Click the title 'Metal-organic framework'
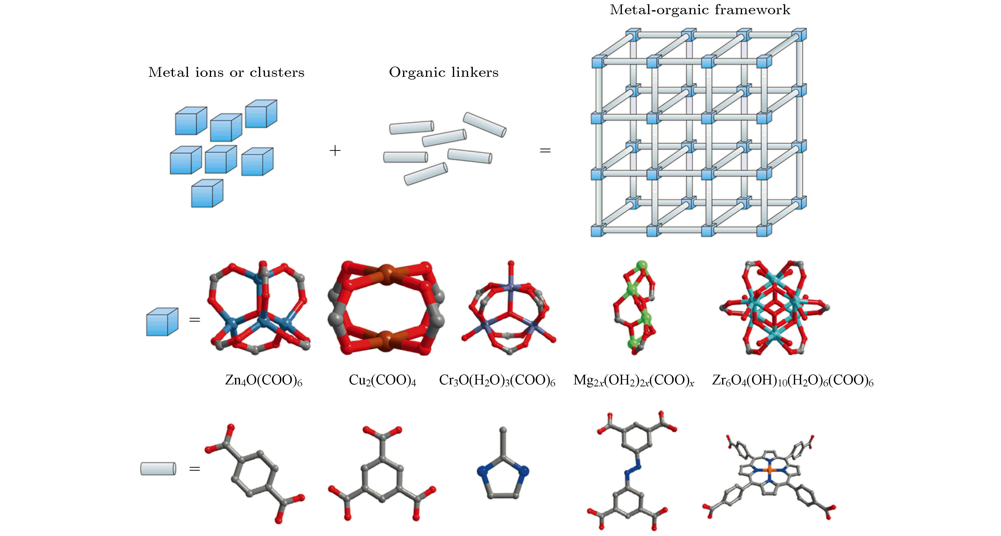click(x=700, y=10)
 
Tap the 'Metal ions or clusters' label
click(x=226, y=72)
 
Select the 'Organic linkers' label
click(x=443, y=72)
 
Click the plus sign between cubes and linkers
click(x=334, y=150)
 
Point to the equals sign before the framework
click(x=545, y=150)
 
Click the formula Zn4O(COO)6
click(x=263, y=380)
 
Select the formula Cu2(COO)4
click(x=382, y=380)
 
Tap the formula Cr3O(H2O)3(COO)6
click(x=497, y=380)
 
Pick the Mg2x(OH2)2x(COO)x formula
click(x=633, y=380)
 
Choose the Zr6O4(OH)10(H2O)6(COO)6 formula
click(x=793, y=380)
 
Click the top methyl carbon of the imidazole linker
click(x=503, y=430)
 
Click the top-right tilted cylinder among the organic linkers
click(x=485, y=125)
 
